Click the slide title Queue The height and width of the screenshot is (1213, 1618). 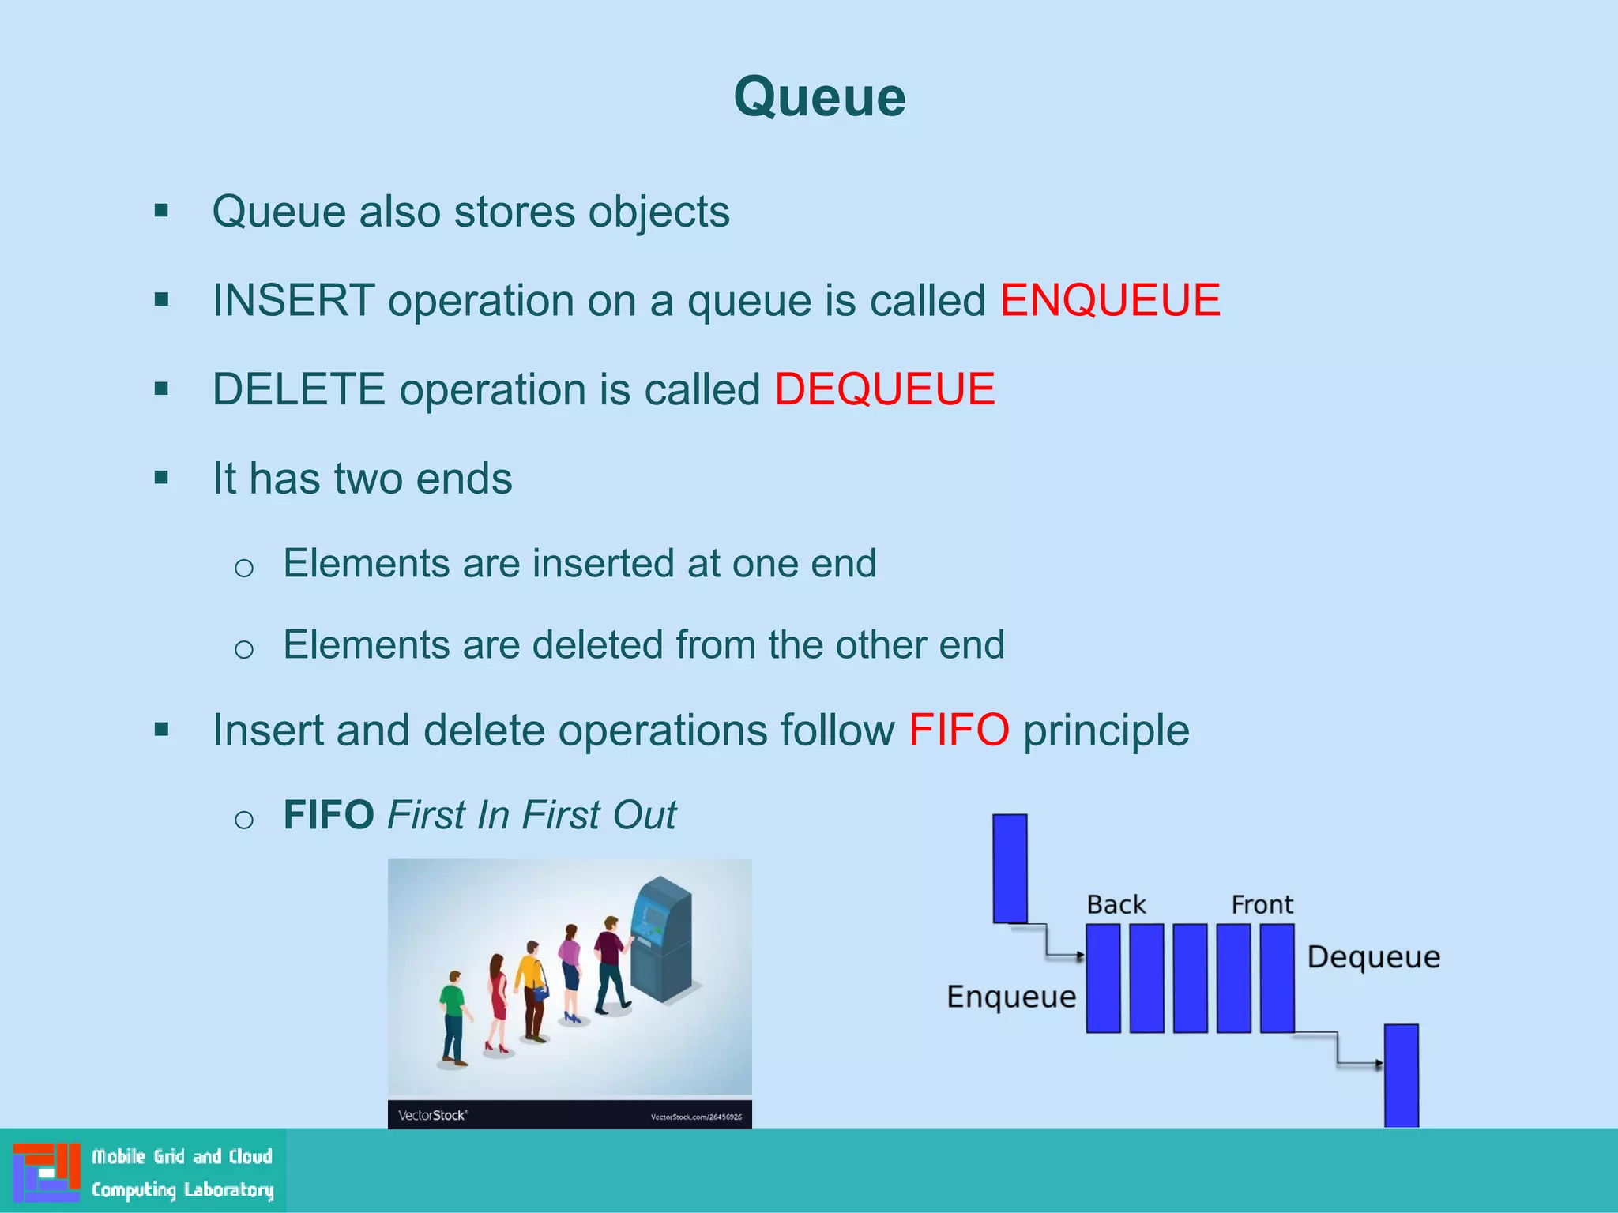click(819, 98)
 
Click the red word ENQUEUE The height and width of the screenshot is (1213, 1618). click(1110, 301)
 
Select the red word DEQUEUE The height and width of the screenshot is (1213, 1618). click(884, 389)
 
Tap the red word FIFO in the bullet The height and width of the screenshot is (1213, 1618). click(958, 730)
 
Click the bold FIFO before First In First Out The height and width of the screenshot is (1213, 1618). click(329, 815)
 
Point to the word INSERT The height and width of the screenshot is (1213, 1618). click(293, 301)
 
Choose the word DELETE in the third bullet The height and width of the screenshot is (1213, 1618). click(299, 389)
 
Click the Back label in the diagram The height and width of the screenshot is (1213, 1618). click(1116, 904)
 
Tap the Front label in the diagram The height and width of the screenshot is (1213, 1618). click(1262, 904)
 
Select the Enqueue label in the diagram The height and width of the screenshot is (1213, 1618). click(1011, 997)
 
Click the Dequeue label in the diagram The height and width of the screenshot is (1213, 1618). click(1373, 957)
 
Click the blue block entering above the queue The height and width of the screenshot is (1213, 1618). click(1010, 868)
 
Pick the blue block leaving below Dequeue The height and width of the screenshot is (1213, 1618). click(1401, 1075)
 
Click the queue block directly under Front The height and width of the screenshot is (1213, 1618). click(1277, 978)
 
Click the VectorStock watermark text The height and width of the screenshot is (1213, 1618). click(432, 1115)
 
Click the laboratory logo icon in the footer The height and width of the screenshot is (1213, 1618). click(47, 1172)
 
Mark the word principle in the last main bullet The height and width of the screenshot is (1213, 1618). click(1106, 730)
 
